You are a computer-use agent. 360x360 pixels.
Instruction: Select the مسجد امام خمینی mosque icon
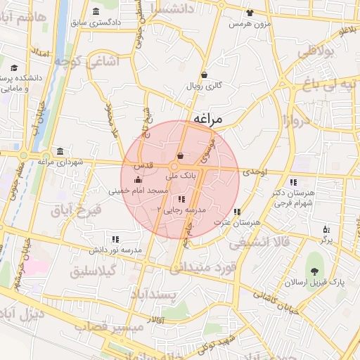coord(136,180)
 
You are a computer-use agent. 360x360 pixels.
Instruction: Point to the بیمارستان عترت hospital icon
coord(237,212)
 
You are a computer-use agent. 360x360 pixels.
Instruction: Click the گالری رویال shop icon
coord(204,75)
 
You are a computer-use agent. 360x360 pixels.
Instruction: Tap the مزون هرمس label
coord(250,23)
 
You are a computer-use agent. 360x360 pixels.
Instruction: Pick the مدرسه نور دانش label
coord(115,250)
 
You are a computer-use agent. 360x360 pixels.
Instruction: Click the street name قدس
coord(144,165)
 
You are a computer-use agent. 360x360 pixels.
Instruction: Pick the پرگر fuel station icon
coord(326,229)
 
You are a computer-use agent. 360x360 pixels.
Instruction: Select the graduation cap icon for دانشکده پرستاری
coord(13,68)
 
